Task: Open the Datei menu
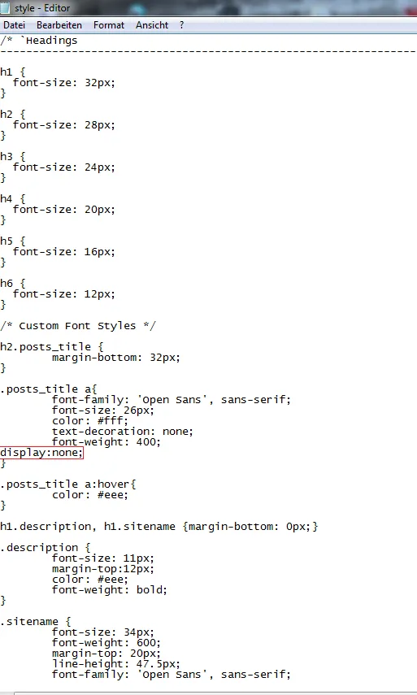coord(14,25)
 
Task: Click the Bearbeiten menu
coord(59,25)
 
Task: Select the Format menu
coord(109,25)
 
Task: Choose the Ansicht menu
coord(152,25)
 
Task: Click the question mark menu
coord(182,25)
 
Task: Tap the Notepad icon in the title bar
coord(5,7)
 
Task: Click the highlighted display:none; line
coord(41,453)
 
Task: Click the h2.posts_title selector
coord(46,347)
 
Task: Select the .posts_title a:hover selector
coord(65,484)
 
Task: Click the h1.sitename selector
coord(140,527)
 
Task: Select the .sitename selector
coord(29,621)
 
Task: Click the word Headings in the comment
coord(51,41)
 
